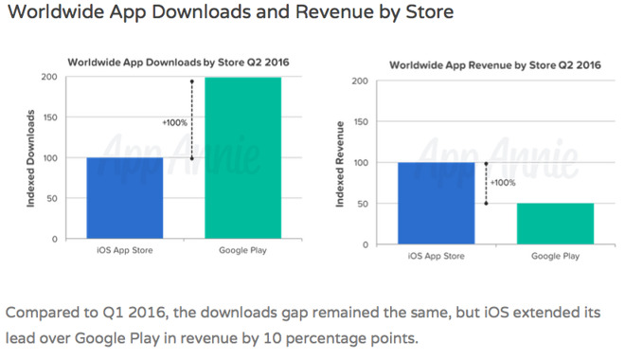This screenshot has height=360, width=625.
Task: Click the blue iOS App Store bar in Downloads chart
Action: (125, 198)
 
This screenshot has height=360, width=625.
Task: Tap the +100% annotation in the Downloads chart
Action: (174, 122)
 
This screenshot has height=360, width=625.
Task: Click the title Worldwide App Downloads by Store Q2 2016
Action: (177, 62)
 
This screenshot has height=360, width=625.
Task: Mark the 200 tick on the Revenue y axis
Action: (359, 81)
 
